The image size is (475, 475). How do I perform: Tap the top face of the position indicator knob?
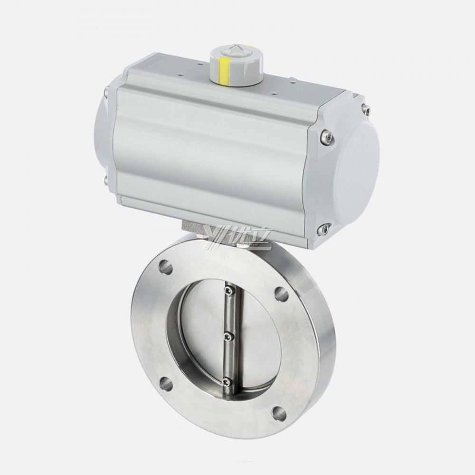(x=237, y=53)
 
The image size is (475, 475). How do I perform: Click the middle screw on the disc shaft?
(x=230, y=336)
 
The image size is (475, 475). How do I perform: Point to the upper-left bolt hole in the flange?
(x=166, y=267)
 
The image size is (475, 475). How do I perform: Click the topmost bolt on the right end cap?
(x=366, y=110)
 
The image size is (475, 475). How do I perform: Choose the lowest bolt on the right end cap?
(x=325, y=229)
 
